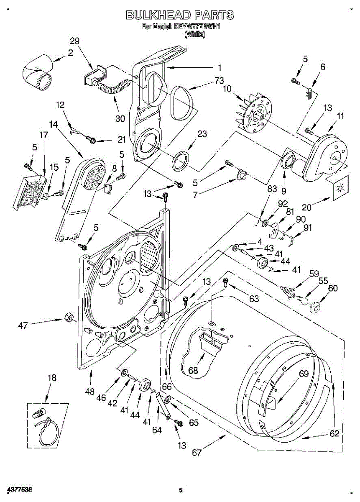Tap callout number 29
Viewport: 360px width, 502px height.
[x=75, y=41]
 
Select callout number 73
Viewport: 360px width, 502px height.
[x=207, y=81]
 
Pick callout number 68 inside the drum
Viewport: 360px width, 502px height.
[x=193, y=371]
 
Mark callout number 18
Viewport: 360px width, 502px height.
[x=51, y=378]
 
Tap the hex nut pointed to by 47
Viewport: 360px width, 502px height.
[x=68, y=318]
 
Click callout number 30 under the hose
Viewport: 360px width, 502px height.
[x=120, y=118]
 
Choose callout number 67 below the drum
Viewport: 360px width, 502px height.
[x=197, y=452]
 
